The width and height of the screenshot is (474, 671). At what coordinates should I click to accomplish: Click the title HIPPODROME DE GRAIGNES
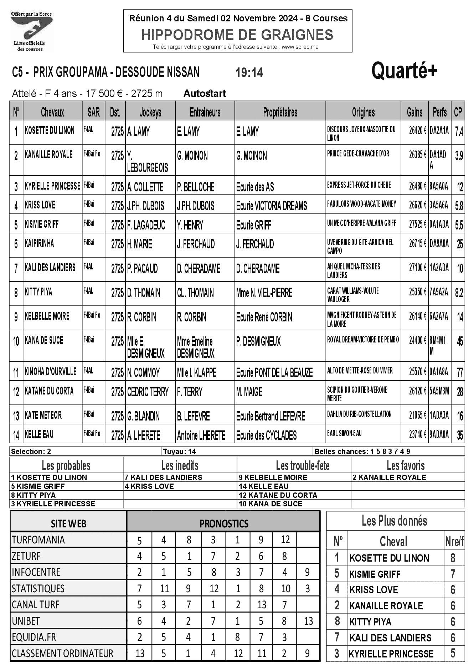pos(237,35)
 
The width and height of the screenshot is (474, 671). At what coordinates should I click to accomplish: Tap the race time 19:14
pos(249,73)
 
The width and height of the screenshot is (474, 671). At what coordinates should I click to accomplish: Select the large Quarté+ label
pos(404,71)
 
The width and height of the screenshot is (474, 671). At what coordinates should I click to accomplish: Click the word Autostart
pos(205,94)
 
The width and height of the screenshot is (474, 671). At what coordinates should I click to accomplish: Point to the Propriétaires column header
pos(280,113)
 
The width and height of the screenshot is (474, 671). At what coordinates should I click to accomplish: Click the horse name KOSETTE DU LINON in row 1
pos(50,131)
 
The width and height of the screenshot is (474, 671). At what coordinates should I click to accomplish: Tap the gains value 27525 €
pos(418,224)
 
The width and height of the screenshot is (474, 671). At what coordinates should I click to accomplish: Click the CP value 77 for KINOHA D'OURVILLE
pos(459,373)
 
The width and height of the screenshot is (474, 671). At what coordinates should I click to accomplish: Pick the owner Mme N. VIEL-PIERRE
pos(264,293)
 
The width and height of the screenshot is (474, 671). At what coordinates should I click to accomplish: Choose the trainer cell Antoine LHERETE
pos(201,435)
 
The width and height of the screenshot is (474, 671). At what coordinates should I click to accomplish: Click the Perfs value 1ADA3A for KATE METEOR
pos(439,415)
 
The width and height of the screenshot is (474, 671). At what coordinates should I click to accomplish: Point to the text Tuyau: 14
pos(180,451)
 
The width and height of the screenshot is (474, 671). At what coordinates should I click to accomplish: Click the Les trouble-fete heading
pos(303,465)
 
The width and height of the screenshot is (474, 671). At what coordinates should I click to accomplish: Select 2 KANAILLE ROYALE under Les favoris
pos(389,478)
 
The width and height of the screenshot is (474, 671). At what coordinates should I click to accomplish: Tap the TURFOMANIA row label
pos(38,540)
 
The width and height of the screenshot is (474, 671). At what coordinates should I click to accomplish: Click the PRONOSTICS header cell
pos(223,523)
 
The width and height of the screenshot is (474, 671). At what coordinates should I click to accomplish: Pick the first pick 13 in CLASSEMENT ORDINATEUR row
pos(140,654)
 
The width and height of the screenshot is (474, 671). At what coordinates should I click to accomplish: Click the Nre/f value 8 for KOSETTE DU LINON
pos(453,558)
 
